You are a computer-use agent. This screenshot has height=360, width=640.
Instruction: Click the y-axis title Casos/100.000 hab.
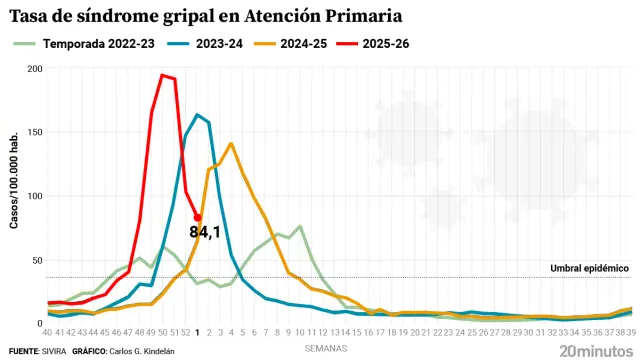point(15,195)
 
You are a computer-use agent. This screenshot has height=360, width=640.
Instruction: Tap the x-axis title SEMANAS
point(327,348)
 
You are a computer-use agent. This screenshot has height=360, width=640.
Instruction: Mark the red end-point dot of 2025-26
point(198,217)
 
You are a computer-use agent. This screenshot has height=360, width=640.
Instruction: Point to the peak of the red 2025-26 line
point(162,75)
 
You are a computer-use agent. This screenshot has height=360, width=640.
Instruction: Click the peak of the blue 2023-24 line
point(197,115)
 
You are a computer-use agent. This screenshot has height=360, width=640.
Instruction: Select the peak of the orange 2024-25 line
point(231,144)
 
